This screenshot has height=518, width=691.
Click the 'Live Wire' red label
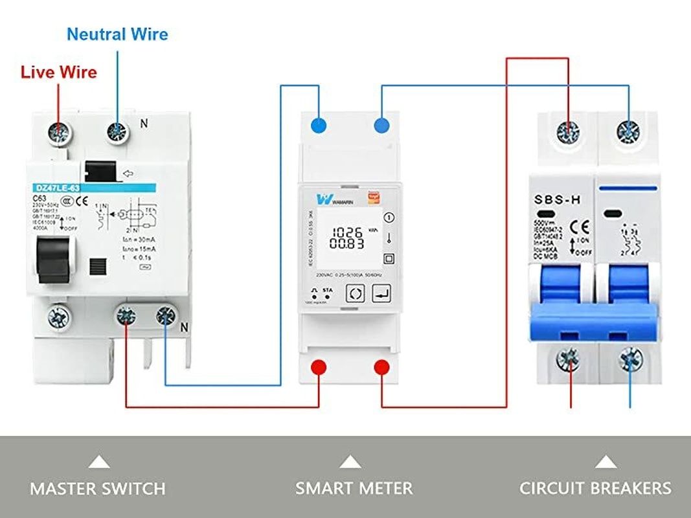[x=58, y=72]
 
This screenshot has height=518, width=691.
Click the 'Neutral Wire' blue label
[x=117, y=34]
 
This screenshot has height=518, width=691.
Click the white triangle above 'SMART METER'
[x=350, y=462]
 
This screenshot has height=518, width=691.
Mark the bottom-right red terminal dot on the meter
[x=381, y=367]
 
